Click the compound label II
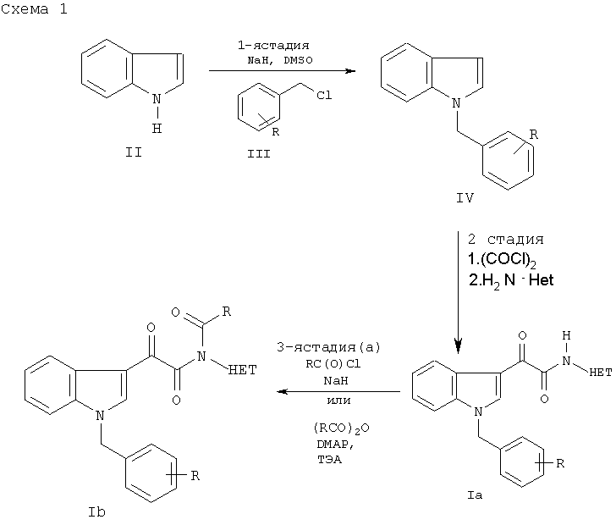[x=133, y=152]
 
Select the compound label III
[x=259, y=154]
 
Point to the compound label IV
[x=465, y=197]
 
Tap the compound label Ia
[x=475, y=495]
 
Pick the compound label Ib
[x=96, y=512]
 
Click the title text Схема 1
[x=34, y=8]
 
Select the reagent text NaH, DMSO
[x=280, y=60]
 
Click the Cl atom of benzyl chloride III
[x=324, y=95]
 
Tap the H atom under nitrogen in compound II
[x=157, y=128]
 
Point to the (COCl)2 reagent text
[x=502, y=260]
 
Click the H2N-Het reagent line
[x=511, y=281]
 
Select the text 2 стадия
[x=506, y=239]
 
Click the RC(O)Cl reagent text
[x=333, y=364]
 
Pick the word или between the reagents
[x=338, y=401]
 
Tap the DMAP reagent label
[x=333, y=445]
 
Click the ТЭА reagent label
[x=330, y=459]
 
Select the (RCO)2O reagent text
[x=341, y=428]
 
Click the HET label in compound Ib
[x=242, y=370]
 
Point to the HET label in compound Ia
[x=601, y=372]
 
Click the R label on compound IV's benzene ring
[x=533, y=135]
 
